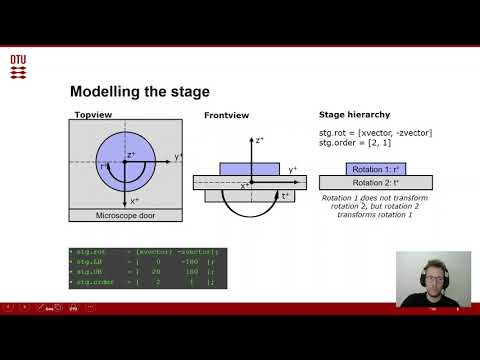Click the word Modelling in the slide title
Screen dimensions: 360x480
tap(108, 92)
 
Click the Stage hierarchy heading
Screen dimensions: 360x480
tap(351, 116)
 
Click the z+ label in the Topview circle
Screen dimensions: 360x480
tap(131, 155)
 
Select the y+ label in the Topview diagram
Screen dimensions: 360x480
tap(177, 157)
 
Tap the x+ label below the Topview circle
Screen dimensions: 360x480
tap(134, 201)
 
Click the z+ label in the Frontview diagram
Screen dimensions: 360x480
tap(259, 141)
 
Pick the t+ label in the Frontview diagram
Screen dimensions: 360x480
tap(286, 196)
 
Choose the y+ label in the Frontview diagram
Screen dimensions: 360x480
tap(293, 171)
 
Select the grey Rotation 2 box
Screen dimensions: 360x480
tap(375, 182)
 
